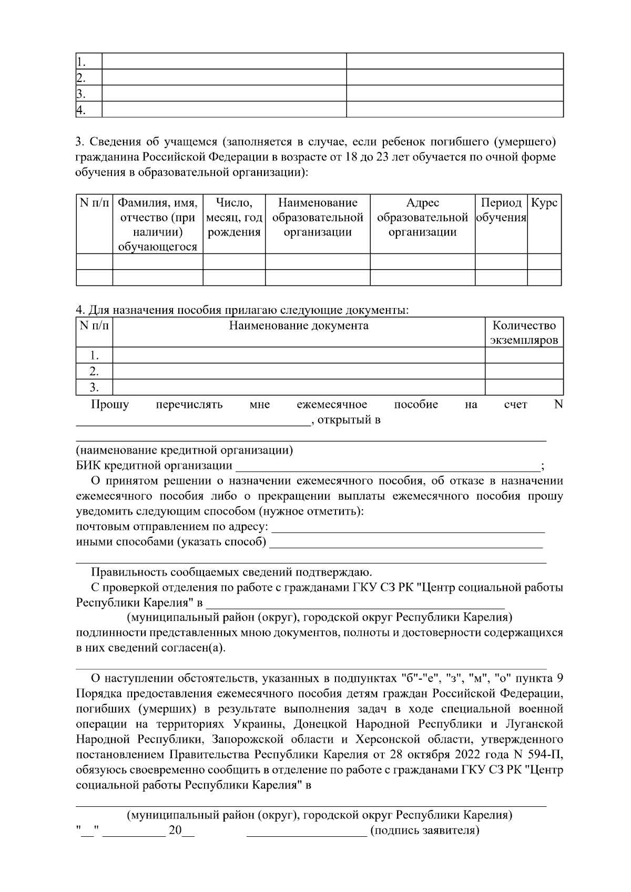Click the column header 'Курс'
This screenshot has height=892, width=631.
[544, 203]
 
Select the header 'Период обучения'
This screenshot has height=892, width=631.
[501, 210]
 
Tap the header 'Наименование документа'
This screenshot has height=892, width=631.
[298, 325]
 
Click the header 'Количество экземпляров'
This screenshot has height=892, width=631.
[524, 332]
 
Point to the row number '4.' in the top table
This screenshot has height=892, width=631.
[80, 110]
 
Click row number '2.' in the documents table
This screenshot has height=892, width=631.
[94, 371]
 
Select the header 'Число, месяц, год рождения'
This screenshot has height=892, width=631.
[234, 218]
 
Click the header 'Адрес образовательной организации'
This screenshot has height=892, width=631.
[422, 218]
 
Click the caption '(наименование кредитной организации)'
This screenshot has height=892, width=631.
[185, 450]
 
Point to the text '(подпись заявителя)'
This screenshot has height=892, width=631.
[425, 831]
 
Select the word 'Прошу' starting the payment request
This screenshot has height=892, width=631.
[110, 404]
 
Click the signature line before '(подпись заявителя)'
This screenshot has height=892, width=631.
[307, 833]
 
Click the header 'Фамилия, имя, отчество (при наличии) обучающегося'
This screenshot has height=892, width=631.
[158, 225]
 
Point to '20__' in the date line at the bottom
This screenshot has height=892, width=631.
[181, 831]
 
